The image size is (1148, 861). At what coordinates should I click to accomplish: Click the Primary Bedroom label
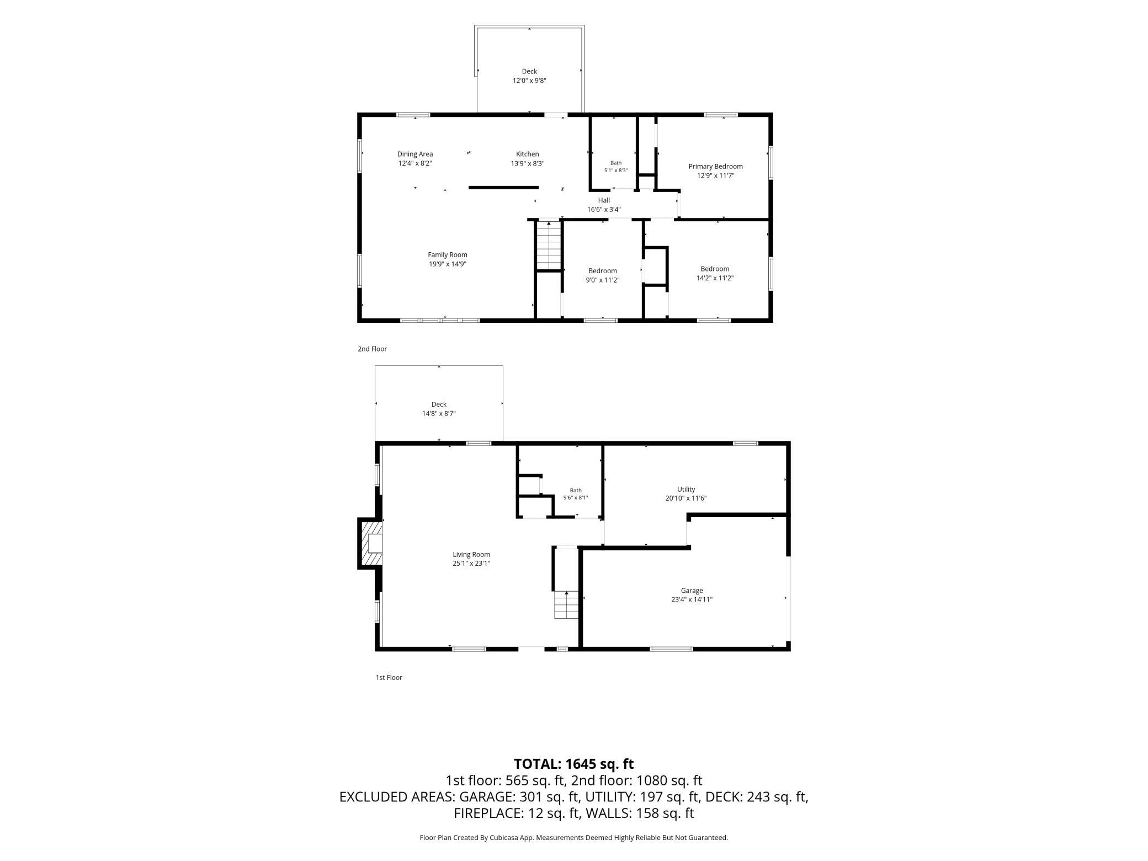[x=715, y=166]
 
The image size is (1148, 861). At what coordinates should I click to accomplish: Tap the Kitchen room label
[x=527, y=154]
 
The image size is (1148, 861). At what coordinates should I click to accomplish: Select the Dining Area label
[x=415, y=154]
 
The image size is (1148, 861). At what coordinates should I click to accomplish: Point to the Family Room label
[x=448, y=254]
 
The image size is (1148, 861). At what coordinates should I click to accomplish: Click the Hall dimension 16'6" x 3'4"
[x=604, y=210]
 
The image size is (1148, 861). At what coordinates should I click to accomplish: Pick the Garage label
[x=692, y=591]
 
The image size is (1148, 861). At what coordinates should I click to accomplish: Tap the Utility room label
[x=686, y=489]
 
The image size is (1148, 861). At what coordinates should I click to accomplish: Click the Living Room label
[x=471, y=554]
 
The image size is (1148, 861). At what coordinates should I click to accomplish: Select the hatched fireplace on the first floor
[x=371, y=543]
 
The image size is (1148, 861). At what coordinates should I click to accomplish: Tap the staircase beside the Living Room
[x=566, y=604]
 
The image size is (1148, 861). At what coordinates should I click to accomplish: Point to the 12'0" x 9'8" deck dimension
[x=529, y=81]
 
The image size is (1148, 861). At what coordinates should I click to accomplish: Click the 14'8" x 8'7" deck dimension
[x=439, y=413]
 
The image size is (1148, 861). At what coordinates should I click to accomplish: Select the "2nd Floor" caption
[x=372, y=349]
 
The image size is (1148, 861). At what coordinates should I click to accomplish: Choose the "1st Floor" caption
[x=389, y=677]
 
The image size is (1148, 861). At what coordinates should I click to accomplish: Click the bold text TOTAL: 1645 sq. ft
[x=574, y=764]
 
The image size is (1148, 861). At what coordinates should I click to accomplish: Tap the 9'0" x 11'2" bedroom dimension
[x=603, y=280]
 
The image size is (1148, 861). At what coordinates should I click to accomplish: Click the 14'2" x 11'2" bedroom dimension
[x=715, y=278]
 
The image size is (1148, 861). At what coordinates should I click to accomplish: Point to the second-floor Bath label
[x=615, y=163]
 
